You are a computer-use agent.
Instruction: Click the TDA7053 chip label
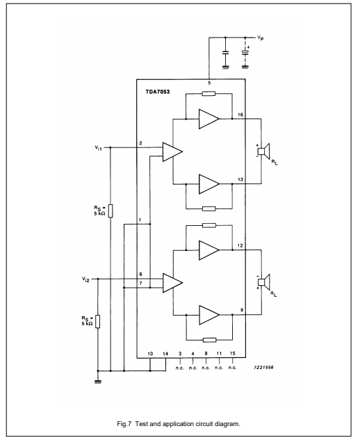157,92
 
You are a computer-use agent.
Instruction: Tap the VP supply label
261,38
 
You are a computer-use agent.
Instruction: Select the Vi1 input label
98,147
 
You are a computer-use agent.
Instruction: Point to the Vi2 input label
85,279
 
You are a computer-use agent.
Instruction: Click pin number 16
240,115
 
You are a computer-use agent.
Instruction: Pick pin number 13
240,179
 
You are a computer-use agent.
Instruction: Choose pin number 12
240,245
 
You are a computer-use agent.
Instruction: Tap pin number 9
242,310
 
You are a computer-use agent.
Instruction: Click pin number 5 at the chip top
209,83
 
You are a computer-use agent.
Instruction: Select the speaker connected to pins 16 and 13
264,152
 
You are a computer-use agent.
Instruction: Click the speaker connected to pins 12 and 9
264,282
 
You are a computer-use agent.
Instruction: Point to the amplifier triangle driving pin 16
209,119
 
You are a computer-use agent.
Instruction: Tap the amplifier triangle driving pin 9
209,315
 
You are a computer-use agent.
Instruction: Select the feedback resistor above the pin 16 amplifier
208,93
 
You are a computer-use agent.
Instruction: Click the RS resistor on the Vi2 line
98,322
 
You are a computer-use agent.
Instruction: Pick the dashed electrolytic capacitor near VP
245,52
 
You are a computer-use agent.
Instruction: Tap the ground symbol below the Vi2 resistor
98,382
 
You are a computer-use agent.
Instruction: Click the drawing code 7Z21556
263,367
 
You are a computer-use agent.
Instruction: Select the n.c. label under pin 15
232,368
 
